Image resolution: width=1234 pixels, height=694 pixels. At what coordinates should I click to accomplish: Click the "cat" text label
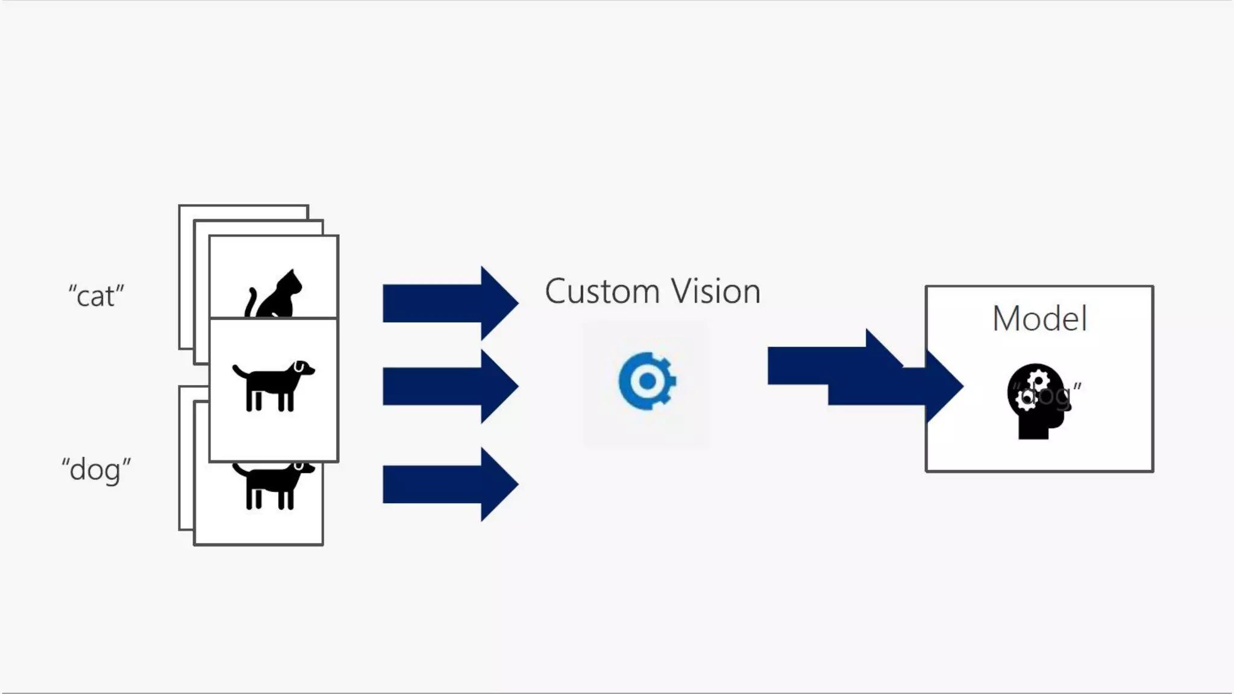pyautogui.click(x=96, y=296)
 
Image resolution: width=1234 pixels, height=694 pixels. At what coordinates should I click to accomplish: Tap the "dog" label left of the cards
pyautogui.click(x=96, y=469)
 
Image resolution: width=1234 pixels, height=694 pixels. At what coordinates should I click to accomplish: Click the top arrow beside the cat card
pyautogui.click(x=449, y=303)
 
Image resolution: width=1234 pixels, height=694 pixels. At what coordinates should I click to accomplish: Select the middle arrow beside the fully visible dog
pyautogui.click(x=449, y=386)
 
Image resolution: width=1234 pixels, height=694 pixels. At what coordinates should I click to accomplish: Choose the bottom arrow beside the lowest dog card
pyautogui.click(x=449, y=484)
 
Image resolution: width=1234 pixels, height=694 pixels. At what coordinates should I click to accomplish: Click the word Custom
pyautogui.click(x=602, y=292)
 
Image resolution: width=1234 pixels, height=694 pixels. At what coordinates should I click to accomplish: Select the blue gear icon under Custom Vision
pyautogui.click(x=647, y=381)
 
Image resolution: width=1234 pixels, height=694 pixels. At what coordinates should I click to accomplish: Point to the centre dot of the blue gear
pyautogui.click(x=647, y=381)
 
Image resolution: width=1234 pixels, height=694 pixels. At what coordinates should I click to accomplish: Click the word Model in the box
pyautogui.click(x=1039, y=318)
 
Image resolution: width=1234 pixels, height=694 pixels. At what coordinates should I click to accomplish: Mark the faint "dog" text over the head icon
pyautogui.click(x=1048, y=395)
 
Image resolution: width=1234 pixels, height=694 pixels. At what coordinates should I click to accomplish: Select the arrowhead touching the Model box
pyautogui.click(x=943, y=386)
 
